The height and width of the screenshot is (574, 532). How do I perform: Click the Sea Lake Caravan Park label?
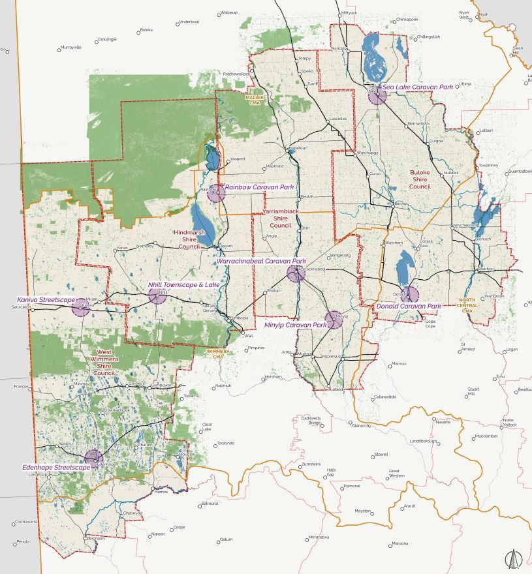click(x=417, y=87)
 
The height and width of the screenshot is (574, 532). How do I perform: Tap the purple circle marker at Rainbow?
click(x=215, y=193)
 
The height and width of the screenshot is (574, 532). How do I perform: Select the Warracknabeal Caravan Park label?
click(x=261, y=261)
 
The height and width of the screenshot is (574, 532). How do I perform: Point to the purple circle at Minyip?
click(x=334, y=319)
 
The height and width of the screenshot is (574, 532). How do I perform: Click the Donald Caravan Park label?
click(x=409, y=306)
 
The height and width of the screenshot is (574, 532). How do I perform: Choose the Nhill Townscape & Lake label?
click(x=183, y=285)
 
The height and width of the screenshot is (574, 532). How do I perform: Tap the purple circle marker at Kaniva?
click(x=81, y=307)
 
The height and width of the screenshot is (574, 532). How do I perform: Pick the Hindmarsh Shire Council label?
click(x=189, y=239)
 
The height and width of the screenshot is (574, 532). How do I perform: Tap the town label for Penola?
click(x=23, y=541)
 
